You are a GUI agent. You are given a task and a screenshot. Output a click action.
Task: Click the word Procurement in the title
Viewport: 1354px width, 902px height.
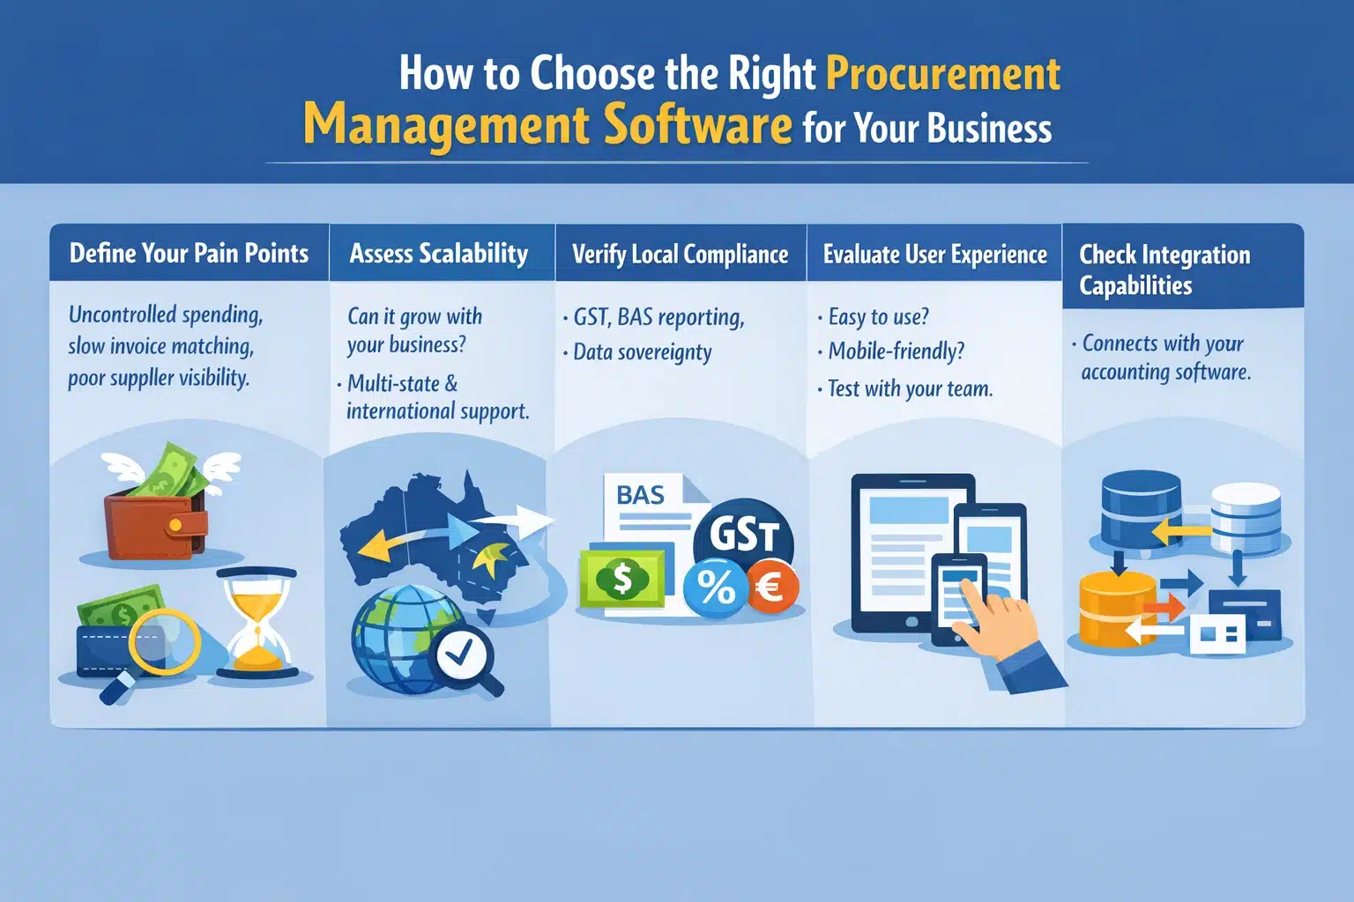tap(942, 74)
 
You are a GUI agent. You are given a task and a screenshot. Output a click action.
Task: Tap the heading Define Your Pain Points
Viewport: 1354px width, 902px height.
tap(189, 254)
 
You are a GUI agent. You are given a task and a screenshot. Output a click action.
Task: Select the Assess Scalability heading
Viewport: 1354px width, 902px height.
tap(439, 254)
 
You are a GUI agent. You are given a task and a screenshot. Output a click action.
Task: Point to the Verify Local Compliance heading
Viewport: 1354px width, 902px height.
tap(680, 255)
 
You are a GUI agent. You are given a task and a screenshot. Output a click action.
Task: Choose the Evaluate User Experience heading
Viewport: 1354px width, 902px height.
tap(934, 255)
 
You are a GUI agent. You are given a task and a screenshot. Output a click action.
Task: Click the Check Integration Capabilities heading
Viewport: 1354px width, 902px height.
tap(1164, 270)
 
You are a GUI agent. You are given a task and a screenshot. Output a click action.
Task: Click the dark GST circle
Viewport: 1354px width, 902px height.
tap(744, 536)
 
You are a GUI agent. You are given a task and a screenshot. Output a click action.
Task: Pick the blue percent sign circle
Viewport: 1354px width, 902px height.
tap(715, 588)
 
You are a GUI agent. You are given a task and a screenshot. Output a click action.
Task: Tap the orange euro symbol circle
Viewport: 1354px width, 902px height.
tap(773, 586)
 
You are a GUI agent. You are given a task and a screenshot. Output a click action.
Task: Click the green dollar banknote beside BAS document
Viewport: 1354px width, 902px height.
tap(622, 580)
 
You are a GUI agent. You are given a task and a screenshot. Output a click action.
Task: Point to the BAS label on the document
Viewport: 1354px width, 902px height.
tap(641, 495)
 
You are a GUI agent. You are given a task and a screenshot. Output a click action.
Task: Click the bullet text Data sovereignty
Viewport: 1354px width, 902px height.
tap(642, 352)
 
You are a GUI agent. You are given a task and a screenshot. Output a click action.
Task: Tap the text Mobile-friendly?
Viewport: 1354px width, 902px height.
tap(896, 351)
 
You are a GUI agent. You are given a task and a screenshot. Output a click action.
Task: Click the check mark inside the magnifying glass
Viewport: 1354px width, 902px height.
tap(461, 653)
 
